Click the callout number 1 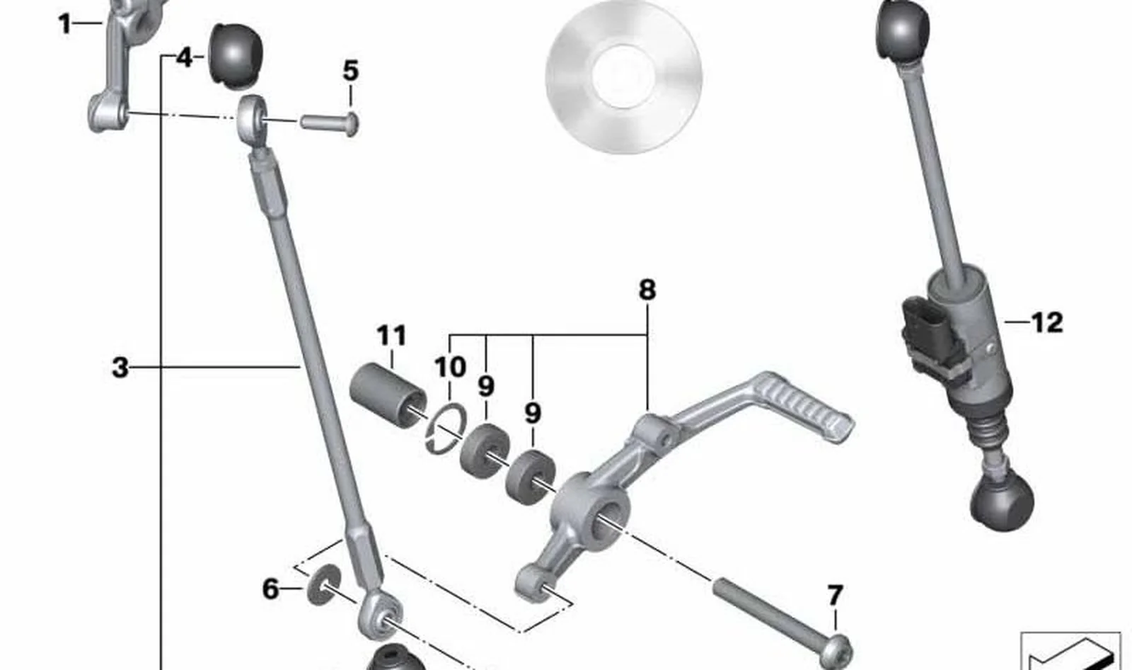(64, 24)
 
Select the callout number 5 (351, 71)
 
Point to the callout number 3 (120, 368)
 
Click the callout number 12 (1046, 322)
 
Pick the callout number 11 (392, 335)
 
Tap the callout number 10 (450, 367)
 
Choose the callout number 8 (647, 290)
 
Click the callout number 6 (271, 589)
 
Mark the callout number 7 (835, 596)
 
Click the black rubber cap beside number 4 (236, 55)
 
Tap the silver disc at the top (623, 76)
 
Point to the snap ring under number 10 (445, 428)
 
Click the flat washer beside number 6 (324, 584)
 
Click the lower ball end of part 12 (1002, 504)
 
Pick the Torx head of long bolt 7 (836, 652)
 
